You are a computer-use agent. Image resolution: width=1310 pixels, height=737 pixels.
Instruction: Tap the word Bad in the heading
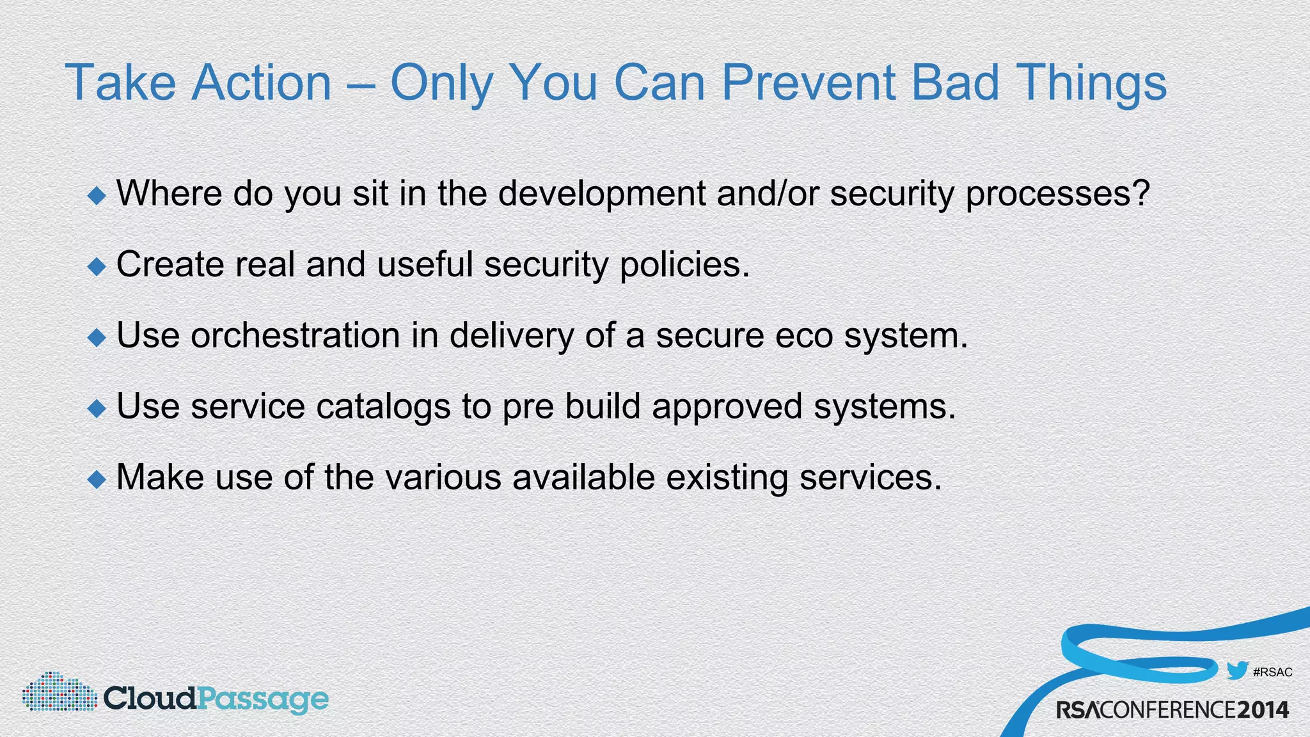pyautogui.click(x=954, y=83)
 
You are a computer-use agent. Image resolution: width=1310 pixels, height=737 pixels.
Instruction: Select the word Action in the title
pyautogui.click(x=262, y=83)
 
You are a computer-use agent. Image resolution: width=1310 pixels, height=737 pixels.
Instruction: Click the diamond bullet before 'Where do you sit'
pyautogui.click(x=97, y=195)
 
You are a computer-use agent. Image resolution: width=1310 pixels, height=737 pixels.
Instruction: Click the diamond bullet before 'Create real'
pyautogui.click(x=97, y=266)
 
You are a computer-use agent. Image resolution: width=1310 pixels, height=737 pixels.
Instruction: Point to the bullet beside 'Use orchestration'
pyautogui.click(x=97, y=337)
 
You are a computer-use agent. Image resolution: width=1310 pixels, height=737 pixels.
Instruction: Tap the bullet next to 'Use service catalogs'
pyautogui.click(x=97, y=408)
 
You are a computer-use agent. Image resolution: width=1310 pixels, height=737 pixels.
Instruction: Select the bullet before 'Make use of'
pyautogui.click(x=97, y=479)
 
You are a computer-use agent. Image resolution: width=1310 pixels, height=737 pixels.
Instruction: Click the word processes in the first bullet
pyautogui.click(x=1057, y=194)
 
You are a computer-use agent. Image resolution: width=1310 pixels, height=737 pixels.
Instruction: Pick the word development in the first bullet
pyautogui.click(x=601, y=194)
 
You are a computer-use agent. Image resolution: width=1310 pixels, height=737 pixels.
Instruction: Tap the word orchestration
pyautogui.click(x=295, y=336)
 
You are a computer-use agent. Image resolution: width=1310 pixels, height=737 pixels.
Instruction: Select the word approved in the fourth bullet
pyautogui.click(x=727, y=407)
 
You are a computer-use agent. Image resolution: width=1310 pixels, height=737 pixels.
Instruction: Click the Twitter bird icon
pyautogui.click(x=1237, y=671)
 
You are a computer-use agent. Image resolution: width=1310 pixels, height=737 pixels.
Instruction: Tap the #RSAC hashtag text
pyautogui.click(x=1272, y=672)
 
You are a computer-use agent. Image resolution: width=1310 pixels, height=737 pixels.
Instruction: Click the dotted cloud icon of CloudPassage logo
pyautogui.click(x=59, y=692)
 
